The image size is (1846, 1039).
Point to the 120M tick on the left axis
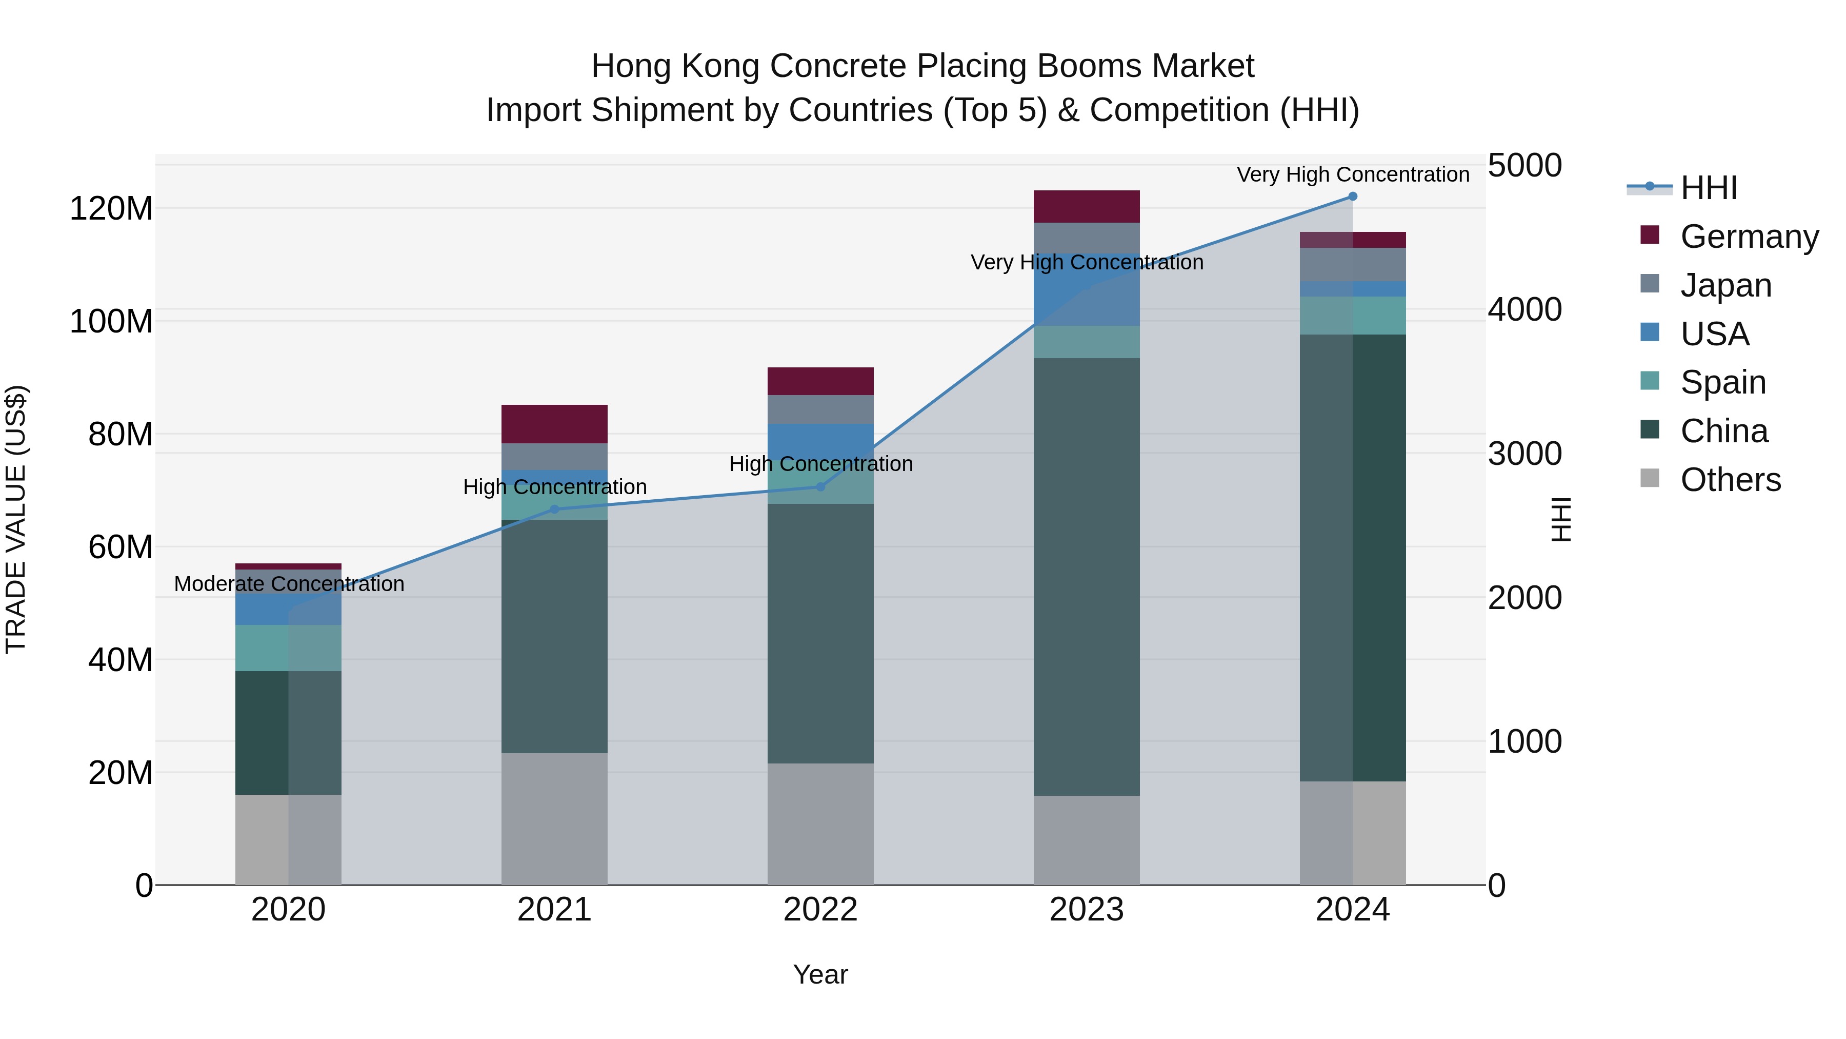point(111,209)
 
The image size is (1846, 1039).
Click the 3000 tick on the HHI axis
point(1524,454)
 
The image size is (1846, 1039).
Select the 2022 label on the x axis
point(820,910)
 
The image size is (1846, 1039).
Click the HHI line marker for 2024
point(1352,197)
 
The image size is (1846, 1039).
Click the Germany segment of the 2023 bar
point(1087,206)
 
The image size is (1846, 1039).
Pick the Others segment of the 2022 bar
point(820,824)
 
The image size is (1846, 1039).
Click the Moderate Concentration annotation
point(289,584)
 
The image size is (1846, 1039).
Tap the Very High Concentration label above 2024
point(1352,175)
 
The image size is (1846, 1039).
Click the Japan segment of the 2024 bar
point(1352,265)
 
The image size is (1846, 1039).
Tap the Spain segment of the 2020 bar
point(288,648)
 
